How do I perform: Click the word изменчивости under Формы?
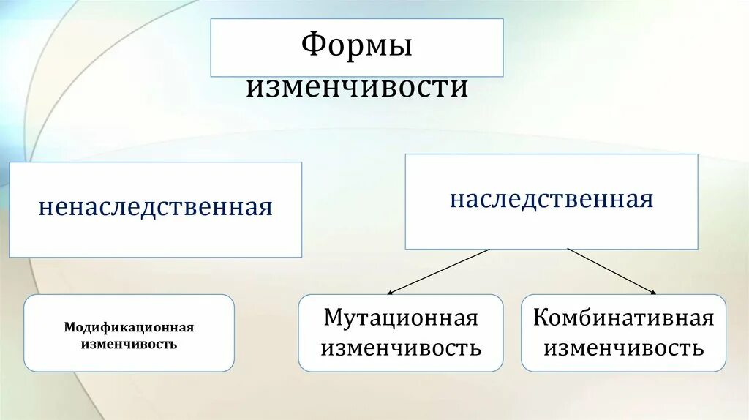357,87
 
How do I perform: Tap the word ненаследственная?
156,207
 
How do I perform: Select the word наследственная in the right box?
552,199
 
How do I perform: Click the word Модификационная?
129,328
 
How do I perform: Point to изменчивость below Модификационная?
129,343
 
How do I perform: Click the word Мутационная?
401,318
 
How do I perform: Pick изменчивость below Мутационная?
401,348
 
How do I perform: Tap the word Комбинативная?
623,318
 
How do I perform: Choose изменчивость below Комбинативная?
623,348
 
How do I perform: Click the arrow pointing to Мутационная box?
439,271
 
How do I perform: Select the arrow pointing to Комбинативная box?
611,271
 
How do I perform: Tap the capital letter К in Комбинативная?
541,318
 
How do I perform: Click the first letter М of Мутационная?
332,318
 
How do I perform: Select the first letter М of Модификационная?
69,328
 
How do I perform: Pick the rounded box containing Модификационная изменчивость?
129,359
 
